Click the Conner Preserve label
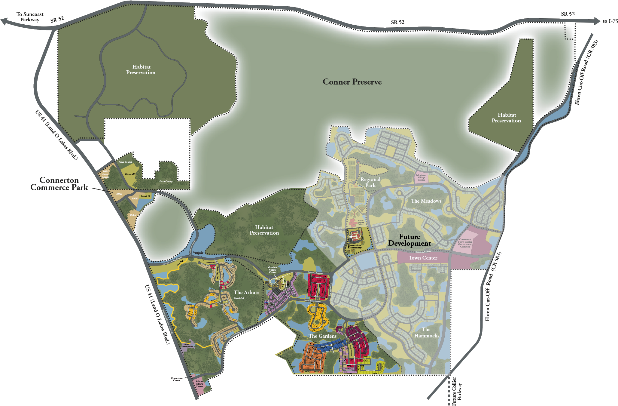pyautogui.click(x=352, y=82)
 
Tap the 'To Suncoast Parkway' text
pyautogui.click(x=30, y=17)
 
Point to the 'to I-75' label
pyautogui.click(x=610, y=21)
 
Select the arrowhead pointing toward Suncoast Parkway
pyautogui.click(x=4, y=21)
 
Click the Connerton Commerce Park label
pyautogui.click(x=59, y=184)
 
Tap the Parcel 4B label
pyautogui.click(x=130, y=174)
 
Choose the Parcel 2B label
pyautogui.click(x=145, y=196)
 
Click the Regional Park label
pyautogui.click(x=370, y=182)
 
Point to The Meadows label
pyautogui.click(x=426, y=201)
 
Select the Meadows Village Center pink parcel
pyautogui.click(x=421, y=177)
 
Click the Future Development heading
pyautogui.click(x=409, y=240)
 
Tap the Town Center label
pyautogui.click(x=423, y=258)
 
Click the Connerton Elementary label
pyautogui.click(x=355, y=246)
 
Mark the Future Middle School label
pyautogui.click(x=361, y=223)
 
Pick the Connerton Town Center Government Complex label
pyautogui.click(x=465, y=243)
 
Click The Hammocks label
pyautogui.click(x=427, y=333)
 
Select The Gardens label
pyautogui.click(x=322, y=336)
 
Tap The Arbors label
pyautogui.click(x=246, y=292)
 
